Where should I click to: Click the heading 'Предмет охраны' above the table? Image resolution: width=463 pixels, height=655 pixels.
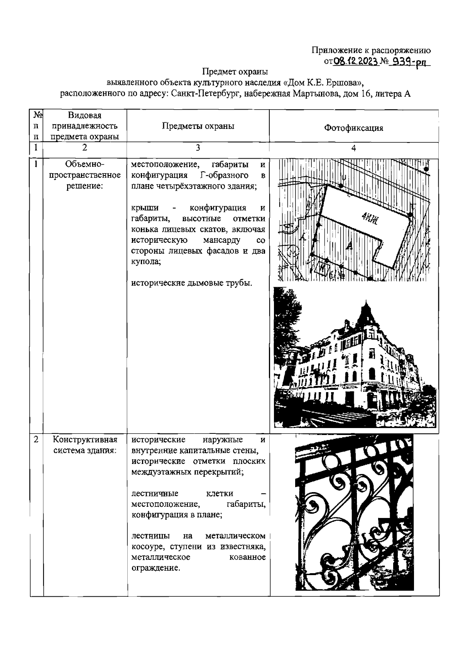click(235, 72)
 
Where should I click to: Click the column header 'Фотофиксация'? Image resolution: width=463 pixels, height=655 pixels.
click(353, 128)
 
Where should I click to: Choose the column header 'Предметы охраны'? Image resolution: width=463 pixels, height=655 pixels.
click(198, 126)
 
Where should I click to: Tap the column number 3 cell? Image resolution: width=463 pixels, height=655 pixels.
click(198, 148)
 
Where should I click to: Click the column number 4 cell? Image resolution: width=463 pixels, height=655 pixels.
click(353, 148)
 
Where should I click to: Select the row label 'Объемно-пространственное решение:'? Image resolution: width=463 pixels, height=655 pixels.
click(85, 175)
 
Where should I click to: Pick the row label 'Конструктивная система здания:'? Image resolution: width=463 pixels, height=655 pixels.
click(85, 445)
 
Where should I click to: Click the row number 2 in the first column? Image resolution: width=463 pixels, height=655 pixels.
click(36, 440)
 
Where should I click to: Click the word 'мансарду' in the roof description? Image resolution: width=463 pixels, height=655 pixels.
click(222, 240)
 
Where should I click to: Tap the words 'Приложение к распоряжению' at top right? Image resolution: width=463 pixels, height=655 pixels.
click(371, 50)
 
